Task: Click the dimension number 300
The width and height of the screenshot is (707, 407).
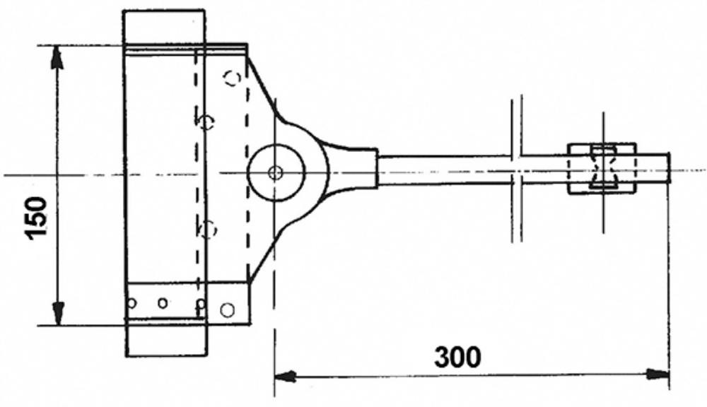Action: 457,358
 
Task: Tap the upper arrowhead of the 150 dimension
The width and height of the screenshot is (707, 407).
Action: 57,57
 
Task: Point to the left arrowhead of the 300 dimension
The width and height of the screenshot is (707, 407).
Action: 285,375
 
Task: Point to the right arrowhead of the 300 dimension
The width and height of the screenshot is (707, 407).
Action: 658,374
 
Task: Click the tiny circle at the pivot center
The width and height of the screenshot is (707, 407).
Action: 274,172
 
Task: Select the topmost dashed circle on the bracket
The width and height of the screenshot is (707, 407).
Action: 233,78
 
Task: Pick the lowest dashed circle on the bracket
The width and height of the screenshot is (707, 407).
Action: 208,230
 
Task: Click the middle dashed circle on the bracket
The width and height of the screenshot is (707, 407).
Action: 206,122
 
